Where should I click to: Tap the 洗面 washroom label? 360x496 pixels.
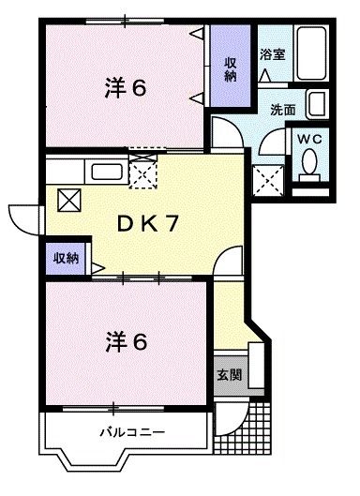(282, 109)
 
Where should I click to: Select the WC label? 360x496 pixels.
(309, 137)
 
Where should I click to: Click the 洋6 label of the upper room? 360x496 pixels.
(124, 90)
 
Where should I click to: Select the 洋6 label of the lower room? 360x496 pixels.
(124, 343)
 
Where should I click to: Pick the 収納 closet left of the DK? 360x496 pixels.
(65, 258)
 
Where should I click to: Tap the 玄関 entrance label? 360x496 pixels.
(229, 374)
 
